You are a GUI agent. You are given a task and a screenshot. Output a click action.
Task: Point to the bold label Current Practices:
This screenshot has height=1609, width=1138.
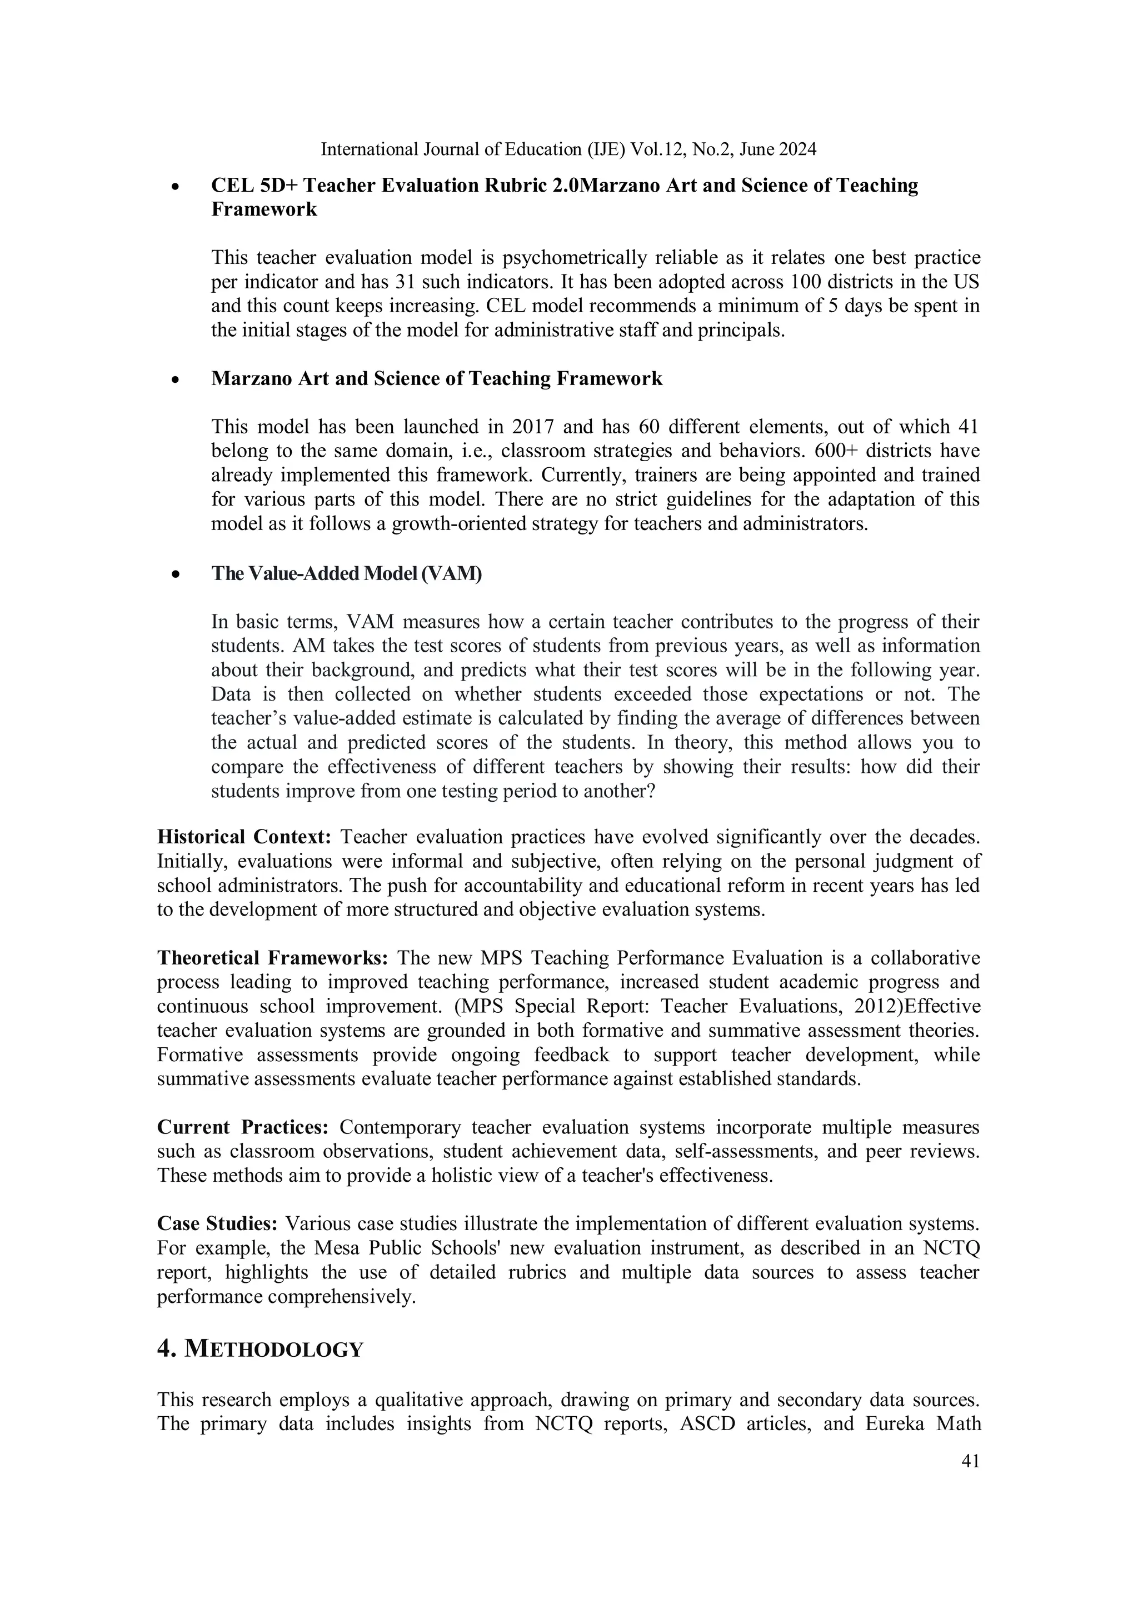point(242,1127)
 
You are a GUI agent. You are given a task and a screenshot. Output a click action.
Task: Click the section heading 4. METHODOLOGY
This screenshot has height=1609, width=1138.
point(260,1348)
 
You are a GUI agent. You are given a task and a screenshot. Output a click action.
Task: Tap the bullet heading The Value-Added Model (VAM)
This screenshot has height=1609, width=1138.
point(346,573)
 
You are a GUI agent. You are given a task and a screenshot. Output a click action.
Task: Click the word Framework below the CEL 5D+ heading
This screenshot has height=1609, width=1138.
point(264,209)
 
